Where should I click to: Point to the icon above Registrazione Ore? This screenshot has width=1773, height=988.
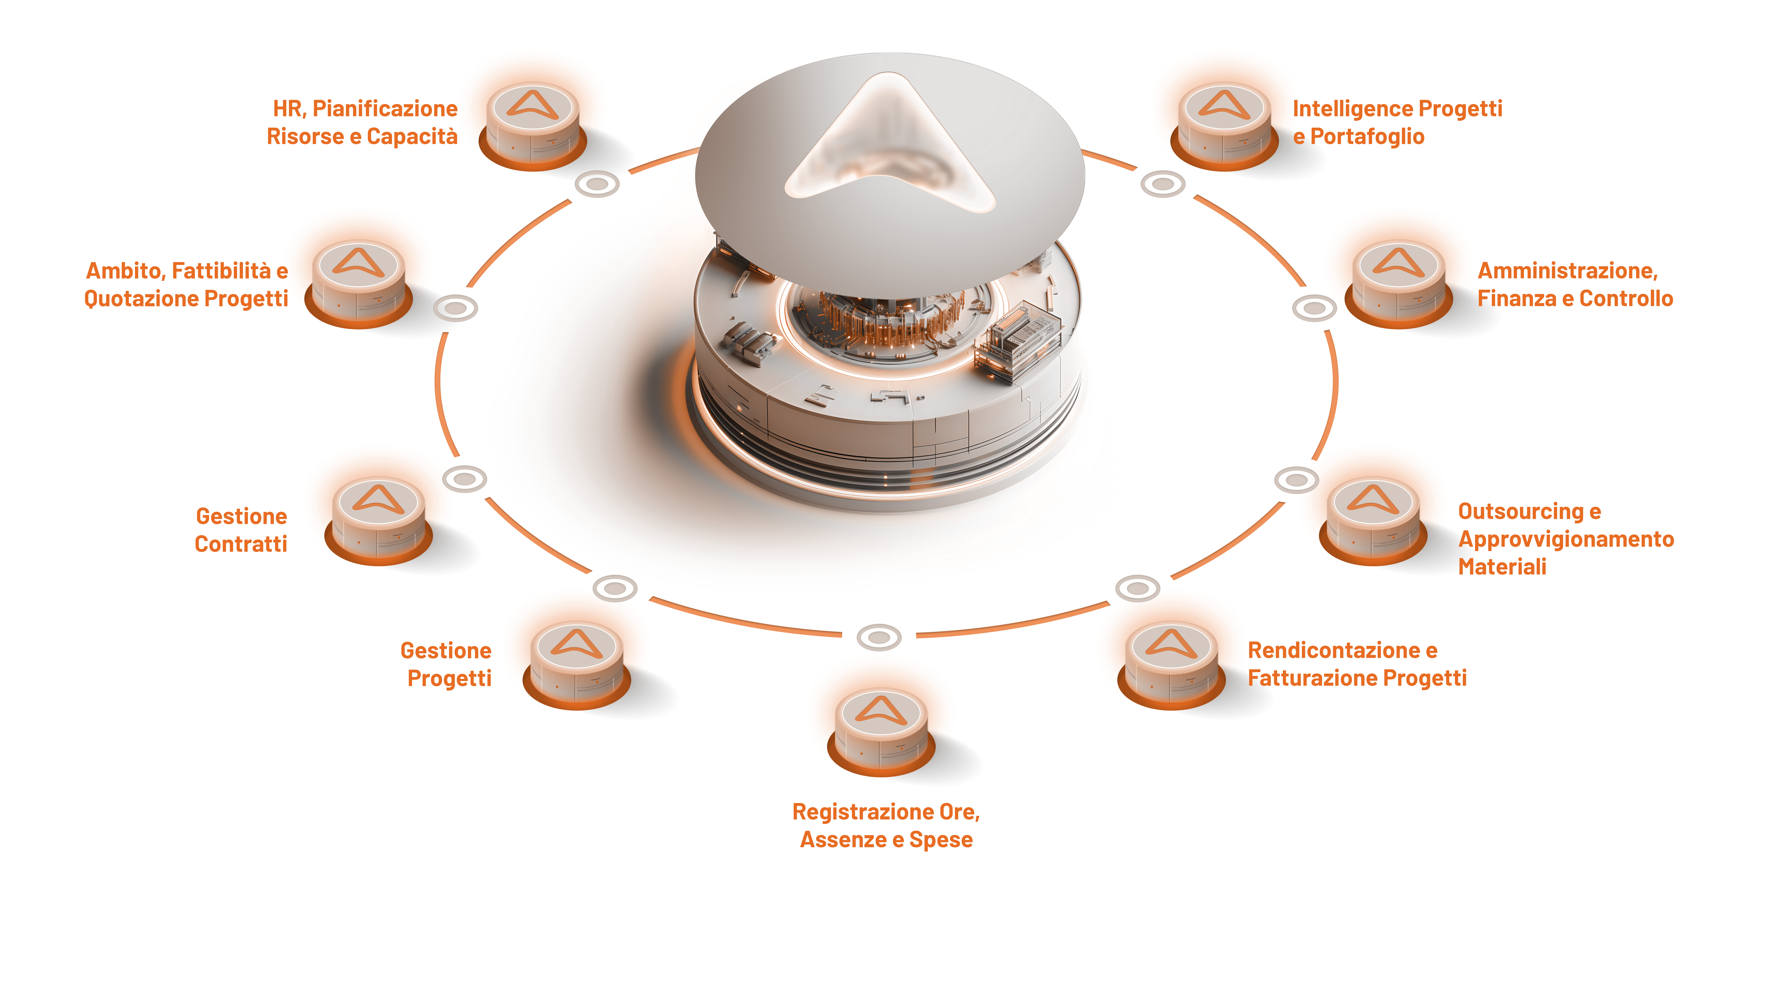pos(881,731)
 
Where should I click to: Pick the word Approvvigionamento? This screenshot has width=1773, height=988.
pos(1566,539)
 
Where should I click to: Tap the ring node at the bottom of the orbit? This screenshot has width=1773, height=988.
pos(879,637)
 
